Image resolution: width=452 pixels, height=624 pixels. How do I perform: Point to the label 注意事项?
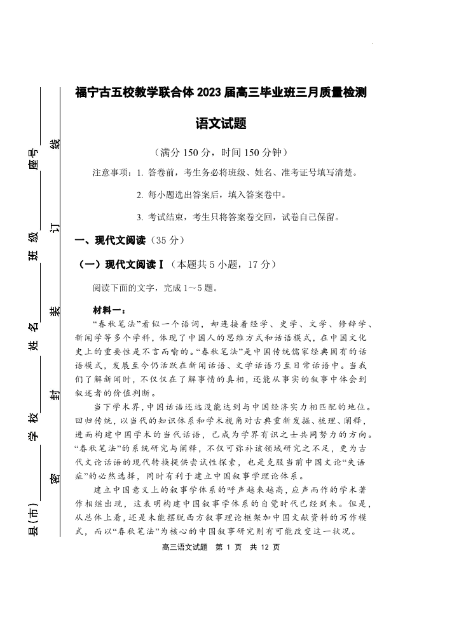(111, 173)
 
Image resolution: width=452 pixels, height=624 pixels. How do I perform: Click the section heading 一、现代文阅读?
(111, 241)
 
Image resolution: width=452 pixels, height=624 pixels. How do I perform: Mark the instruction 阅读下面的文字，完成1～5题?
(155, 288)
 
